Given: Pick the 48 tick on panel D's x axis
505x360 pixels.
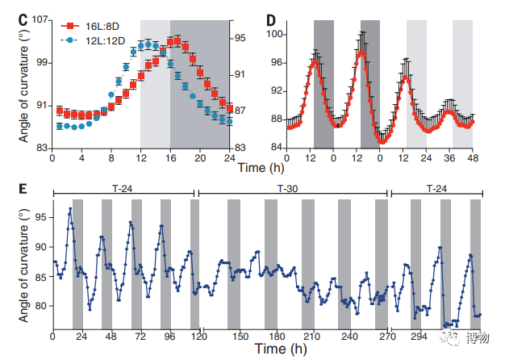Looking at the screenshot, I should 474,158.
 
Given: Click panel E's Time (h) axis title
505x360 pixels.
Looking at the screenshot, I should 279,350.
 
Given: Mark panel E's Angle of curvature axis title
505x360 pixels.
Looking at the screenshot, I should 23,265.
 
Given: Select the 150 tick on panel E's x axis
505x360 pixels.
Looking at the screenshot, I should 240,336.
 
